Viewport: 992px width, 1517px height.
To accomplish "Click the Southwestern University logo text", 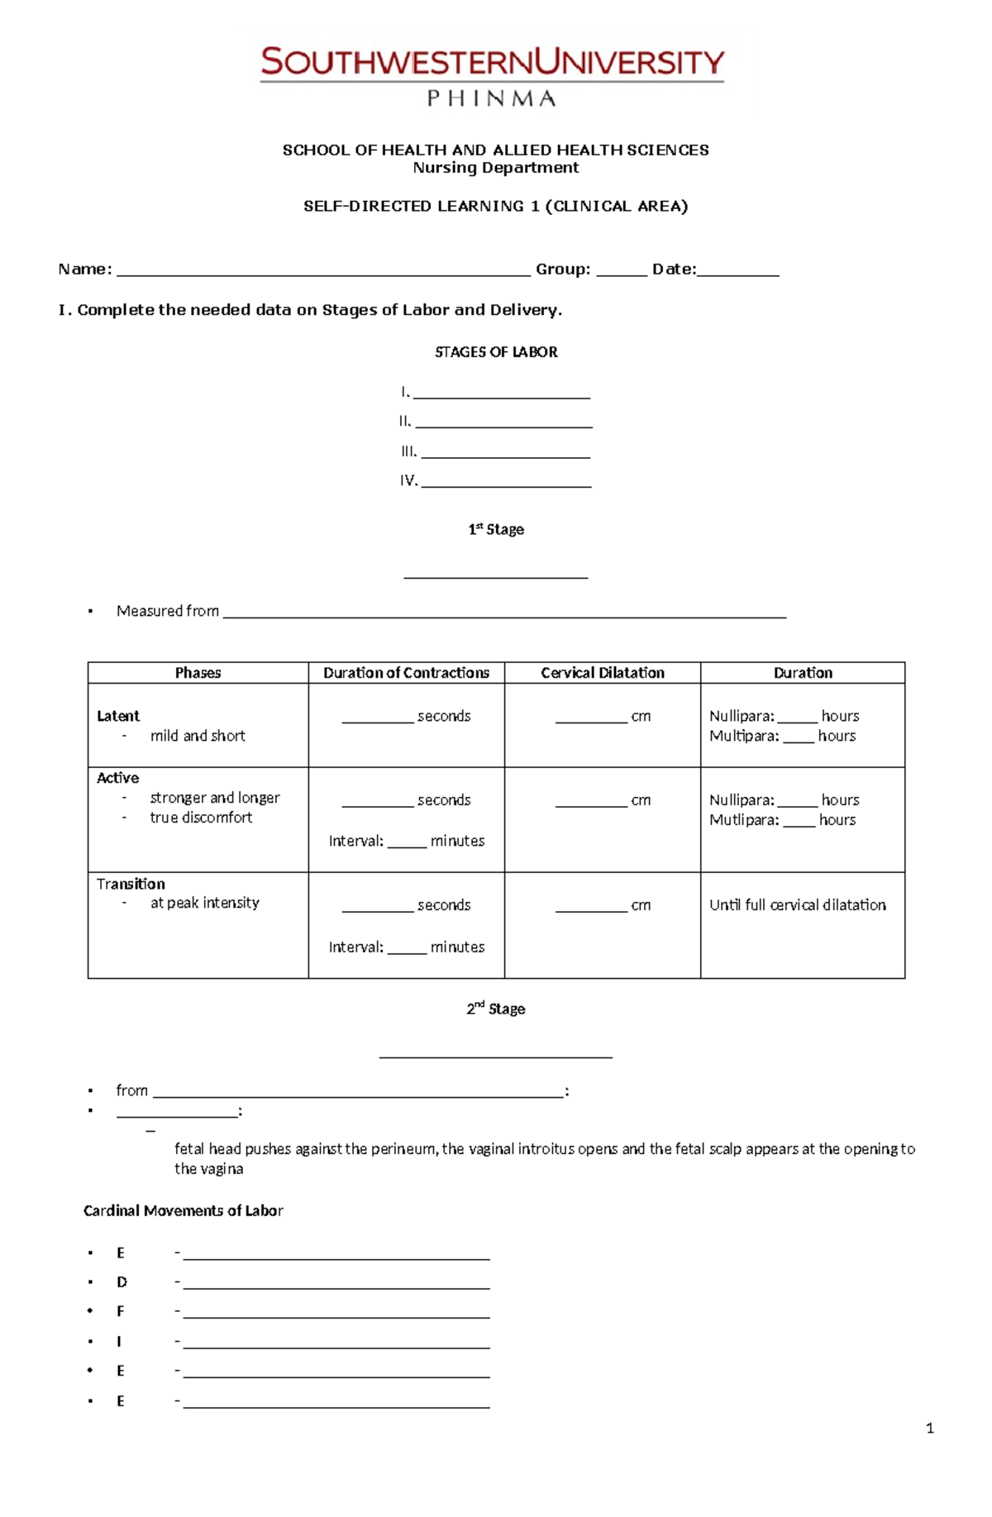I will (493, 63).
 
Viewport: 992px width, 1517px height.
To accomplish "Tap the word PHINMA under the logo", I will (491, 99).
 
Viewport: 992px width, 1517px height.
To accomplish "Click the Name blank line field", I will (323, 270).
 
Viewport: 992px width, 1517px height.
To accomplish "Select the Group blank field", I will (621, 270).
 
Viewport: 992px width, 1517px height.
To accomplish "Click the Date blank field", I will (737, 270).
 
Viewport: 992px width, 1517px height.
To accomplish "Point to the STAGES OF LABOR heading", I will (496, 352).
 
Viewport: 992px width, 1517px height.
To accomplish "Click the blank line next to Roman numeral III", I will (505, 453).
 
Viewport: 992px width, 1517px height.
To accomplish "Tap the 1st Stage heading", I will (496, 529).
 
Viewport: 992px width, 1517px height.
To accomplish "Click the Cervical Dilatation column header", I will (603, 673).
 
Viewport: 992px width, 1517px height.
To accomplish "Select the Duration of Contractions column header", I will (406, 673).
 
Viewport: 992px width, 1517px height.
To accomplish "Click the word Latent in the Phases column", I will (118, 716).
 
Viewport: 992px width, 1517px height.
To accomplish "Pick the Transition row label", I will (131, 884).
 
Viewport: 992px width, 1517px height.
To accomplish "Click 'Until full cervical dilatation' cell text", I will (798, 905).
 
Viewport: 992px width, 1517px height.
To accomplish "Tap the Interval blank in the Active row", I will (407, 842).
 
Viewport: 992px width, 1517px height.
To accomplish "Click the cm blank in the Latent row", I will (590, 718).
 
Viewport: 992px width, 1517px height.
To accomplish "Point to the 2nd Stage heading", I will (496, 1009).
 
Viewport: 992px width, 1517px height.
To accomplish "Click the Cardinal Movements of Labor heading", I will (184, 1211).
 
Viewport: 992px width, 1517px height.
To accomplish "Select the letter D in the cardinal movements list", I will (122, 1282).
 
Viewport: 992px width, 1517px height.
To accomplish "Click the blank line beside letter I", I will (336, 1343).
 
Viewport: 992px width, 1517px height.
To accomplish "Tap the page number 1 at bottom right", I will (930, 1428).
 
